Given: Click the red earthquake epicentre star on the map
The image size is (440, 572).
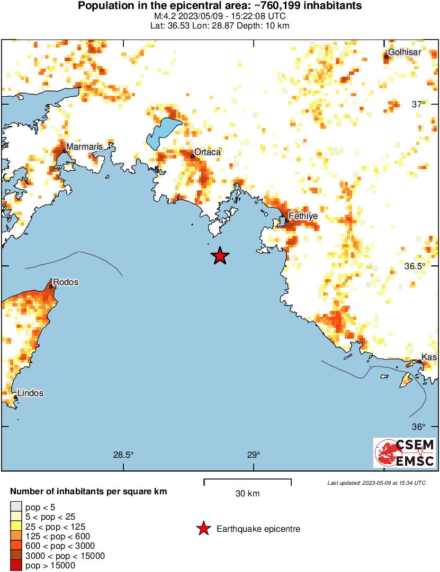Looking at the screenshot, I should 220,256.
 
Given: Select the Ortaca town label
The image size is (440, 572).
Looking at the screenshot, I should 208,152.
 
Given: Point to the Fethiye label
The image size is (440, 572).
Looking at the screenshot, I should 303,216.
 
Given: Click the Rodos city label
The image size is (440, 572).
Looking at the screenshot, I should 66,282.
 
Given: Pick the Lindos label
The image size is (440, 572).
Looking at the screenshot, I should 30,393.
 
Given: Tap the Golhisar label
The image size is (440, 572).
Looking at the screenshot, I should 405,52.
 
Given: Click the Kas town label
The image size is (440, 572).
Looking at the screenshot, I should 429,357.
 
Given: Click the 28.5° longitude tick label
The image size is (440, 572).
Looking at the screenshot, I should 123,455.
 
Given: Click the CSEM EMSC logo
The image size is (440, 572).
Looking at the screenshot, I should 405,453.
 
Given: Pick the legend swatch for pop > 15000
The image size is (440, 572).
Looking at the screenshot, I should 16,565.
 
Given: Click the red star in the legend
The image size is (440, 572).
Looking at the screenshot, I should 203,529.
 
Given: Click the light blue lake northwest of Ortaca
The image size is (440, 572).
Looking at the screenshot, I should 164,132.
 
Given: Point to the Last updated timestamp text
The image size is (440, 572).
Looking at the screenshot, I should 376,483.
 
